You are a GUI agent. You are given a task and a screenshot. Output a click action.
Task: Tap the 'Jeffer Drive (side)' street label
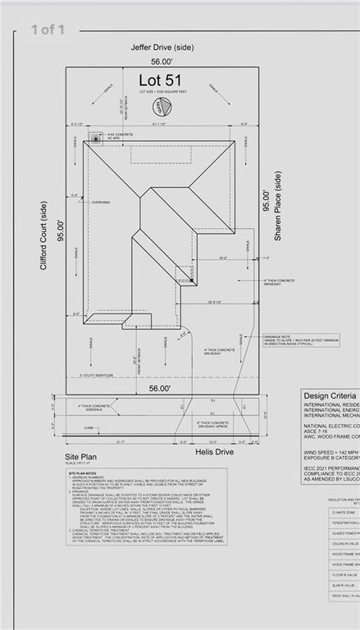point(162,48)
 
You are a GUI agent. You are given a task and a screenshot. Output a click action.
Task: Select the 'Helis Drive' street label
point(214,451)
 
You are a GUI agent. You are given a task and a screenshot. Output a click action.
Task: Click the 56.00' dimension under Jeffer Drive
point(162,62)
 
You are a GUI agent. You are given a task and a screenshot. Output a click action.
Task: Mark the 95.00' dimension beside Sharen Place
point(265,201)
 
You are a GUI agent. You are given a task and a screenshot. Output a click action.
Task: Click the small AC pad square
point(98,138)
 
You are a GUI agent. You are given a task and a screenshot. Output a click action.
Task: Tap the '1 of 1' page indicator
point(48,30)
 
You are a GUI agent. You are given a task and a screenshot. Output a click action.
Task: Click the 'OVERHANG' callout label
point(101,203)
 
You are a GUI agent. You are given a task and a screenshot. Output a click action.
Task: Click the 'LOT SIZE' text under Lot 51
point(162,93)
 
